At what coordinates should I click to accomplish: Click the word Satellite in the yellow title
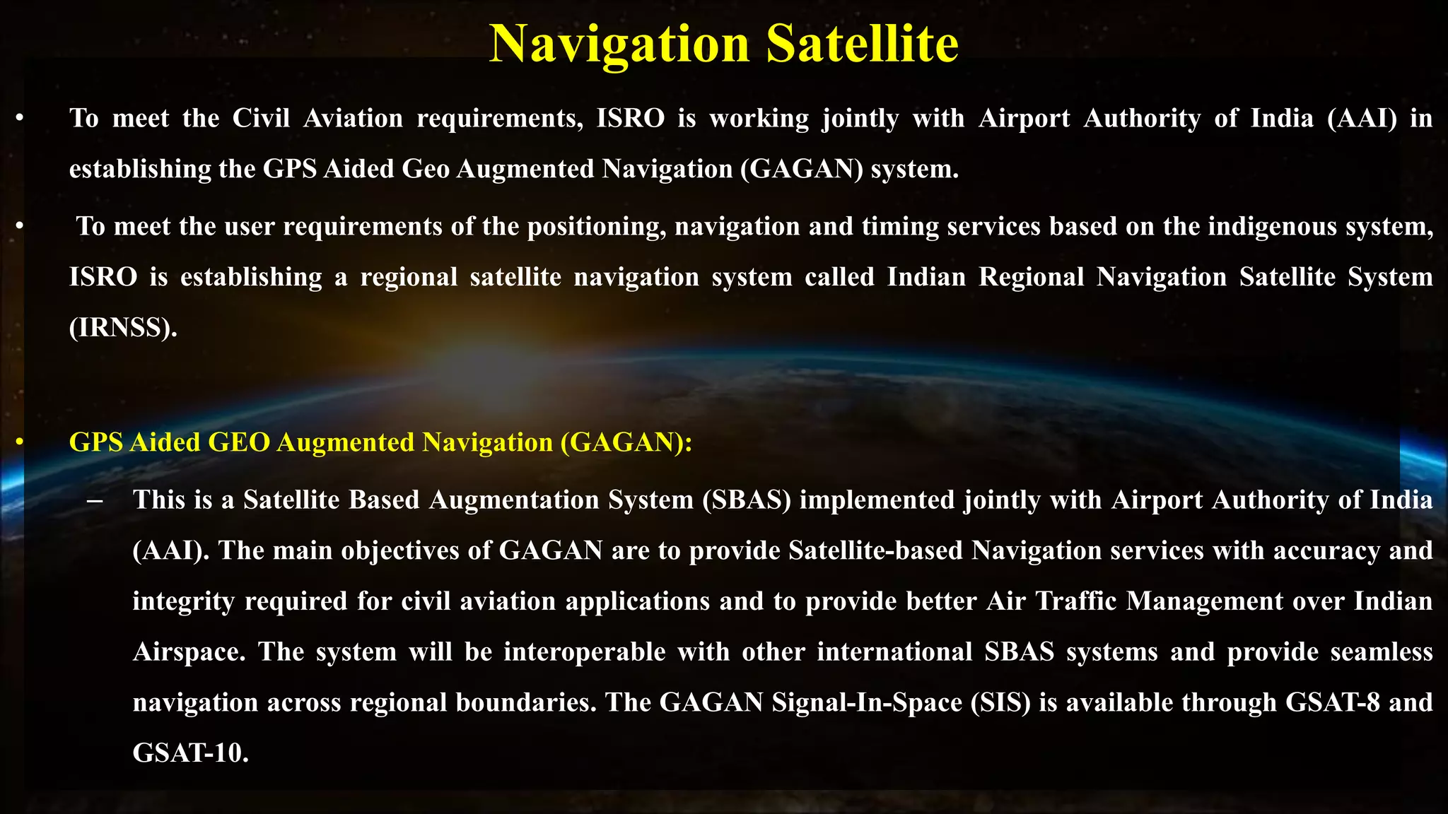(862, 44)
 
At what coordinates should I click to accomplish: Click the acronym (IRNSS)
(123, 327)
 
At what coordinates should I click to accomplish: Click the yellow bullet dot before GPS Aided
(20, 442)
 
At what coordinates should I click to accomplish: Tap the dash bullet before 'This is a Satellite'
(94, 500)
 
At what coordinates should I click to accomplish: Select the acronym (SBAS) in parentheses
(747, 500)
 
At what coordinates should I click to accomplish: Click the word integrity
(183, 601)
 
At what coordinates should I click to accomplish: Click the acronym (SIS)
(1000, 702)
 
